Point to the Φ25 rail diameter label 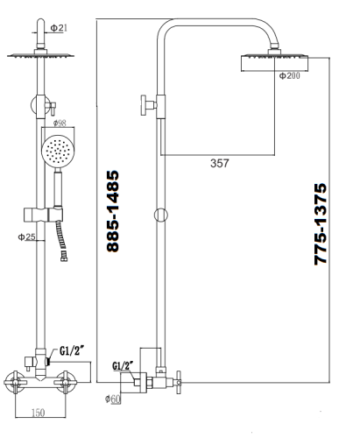27,237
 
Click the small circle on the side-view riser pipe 158,215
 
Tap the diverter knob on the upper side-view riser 141,107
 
